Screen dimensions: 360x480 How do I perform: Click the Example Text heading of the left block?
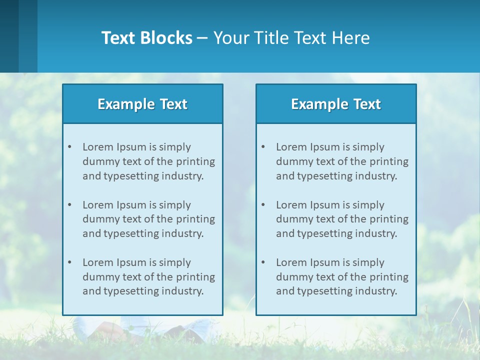point(142,104)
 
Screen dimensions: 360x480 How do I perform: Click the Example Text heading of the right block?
point(336,104)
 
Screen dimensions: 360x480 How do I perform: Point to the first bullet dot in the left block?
point(69,147)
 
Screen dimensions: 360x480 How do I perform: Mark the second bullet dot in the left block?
point(69,205)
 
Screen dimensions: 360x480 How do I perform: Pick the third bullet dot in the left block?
point(69,262)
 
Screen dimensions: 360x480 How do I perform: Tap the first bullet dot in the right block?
point(263,147)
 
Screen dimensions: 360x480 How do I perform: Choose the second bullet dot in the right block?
point(263,205)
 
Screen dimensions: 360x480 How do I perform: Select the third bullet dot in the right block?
point(263,262)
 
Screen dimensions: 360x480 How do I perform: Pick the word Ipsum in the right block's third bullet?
point(325,262)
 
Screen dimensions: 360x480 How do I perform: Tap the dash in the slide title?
point(202,38)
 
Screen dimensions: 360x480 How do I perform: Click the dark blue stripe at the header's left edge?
point(9,36)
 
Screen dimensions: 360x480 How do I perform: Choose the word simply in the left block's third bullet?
point(175,262)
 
